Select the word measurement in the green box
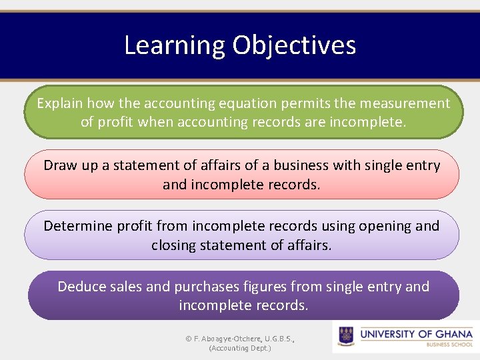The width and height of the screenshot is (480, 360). (x=405, y=103)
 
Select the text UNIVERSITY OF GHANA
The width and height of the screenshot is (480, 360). (x=416, y=333)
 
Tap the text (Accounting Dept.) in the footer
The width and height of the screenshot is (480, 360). (x=240, y=348)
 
